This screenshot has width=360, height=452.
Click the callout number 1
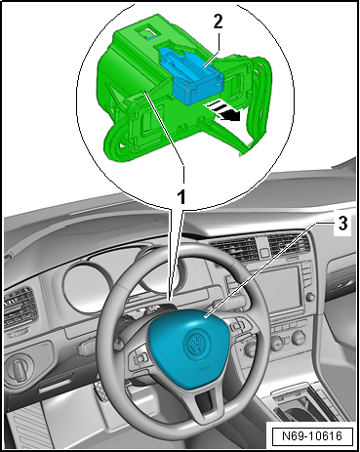(181, 197)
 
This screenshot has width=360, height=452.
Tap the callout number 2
(219, 22)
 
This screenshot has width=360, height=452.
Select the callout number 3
(342, 224)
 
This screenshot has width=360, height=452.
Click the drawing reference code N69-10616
(312, 435)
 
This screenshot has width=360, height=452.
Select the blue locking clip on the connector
(191, 75)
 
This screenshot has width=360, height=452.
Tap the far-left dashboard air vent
(19, 306)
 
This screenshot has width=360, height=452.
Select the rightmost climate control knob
(299, 338)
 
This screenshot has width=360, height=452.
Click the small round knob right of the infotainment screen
(310, 297)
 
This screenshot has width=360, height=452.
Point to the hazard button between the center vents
(262, 252)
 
